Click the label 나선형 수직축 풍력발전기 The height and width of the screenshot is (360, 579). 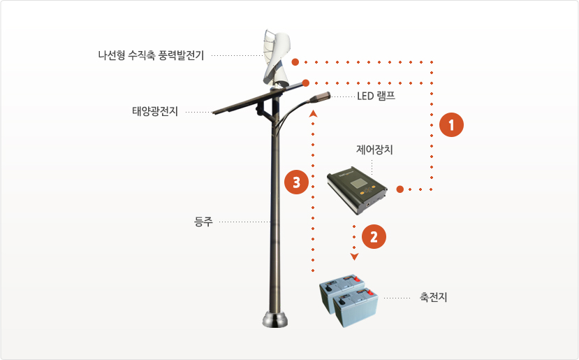(x=151, y=55)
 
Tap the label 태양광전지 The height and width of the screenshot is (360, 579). (x=155, y=111)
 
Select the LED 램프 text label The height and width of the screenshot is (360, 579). (x=376, y=96)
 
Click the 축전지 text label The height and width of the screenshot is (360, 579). (x=433, y=297)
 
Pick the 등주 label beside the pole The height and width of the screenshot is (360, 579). (x=203, y=222)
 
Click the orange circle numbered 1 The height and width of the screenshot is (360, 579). (x=451, y=125)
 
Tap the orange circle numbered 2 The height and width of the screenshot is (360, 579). (x=374, y=236)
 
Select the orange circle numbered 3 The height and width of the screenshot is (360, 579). (x=297, y=182)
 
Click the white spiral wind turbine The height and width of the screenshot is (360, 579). (x=276, y=59)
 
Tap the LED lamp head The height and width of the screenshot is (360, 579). (x=319, y=97)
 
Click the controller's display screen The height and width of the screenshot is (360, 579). (x=358, y=183)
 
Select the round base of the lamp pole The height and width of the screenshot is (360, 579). (x=275, y=319)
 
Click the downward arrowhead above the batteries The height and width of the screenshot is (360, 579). (x=355, y=257)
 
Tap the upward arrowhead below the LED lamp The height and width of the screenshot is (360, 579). (x=313, y=113)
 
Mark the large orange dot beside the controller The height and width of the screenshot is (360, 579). (x=400, y=189)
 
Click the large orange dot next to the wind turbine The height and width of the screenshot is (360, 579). (x=295, y=62)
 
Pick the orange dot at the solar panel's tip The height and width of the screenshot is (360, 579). (x=306, y=83)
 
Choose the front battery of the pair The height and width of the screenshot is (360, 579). (x=356, y=308)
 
